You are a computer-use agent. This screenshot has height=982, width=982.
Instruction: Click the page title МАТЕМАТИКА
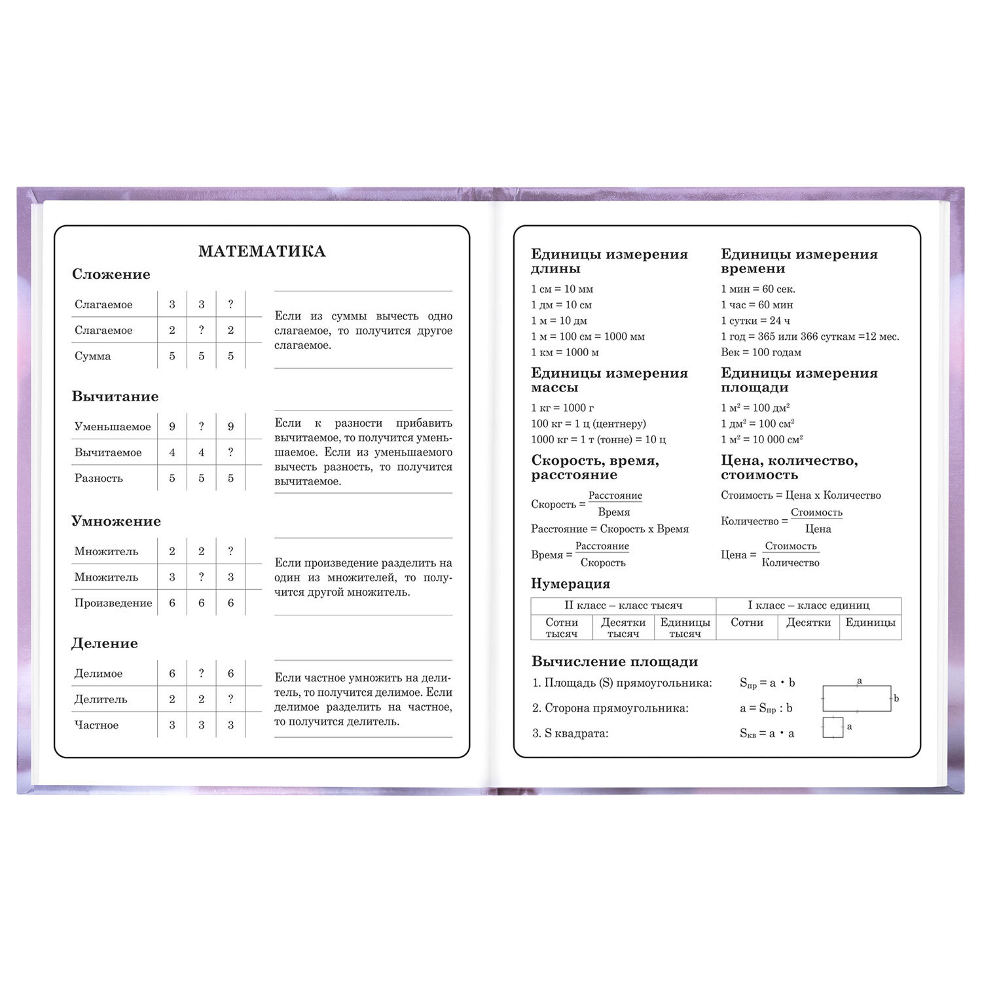click(262, 251)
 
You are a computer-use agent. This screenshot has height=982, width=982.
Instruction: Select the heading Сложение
click(111, 274)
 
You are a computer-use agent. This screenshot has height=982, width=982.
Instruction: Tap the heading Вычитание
click(115, 397)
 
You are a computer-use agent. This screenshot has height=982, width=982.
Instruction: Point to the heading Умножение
click(116, 521)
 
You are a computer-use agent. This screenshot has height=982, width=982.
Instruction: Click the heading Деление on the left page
click(104, 644)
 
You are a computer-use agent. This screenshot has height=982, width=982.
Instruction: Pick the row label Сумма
click(92, 356)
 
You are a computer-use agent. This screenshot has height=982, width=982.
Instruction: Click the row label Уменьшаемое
click(112, 427)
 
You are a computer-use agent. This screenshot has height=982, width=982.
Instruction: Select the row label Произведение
click(113, 603)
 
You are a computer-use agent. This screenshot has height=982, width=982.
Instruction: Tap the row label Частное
click(96, 725)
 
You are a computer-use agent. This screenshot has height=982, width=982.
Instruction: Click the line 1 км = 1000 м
click(564, 352)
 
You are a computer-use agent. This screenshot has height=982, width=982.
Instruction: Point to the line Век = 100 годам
click(761, 352)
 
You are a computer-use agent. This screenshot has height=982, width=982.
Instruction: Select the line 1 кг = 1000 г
click(562, 408)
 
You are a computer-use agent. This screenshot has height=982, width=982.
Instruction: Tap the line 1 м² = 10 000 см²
click(761, 439)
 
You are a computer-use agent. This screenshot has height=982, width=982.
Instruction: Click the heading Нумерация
click(570, 584)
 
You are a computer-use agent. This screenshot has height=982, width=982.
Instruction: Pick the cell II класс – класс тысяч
click(623, 606)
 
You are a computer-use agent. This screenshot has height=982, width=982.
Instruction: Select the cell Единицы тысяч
click(685, 628)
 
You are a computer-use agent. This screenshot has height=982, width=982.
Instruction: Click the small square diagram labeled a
click(833, 727)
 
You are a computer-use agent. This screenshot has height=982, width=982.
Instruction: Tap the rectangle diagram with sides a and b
click(856, 698)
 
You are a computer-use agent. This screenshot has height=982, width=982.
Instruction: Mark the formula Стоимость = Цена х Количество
click(801, 496)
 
